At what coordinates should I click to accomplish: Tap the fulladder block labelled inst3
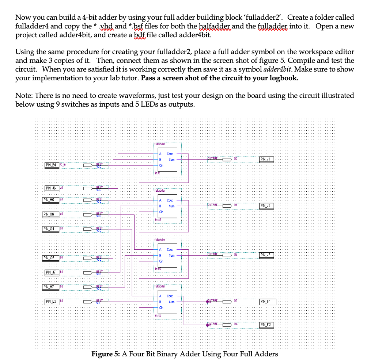click(x=167, y=302)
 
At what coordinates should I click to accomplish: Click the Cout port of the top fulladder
click(x=170, y=154)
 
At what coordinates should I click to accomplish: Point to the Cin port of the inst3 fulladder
click(x=161, y=308)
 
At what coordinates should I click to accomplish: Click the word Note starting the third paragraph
click(x=23, y=96)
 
